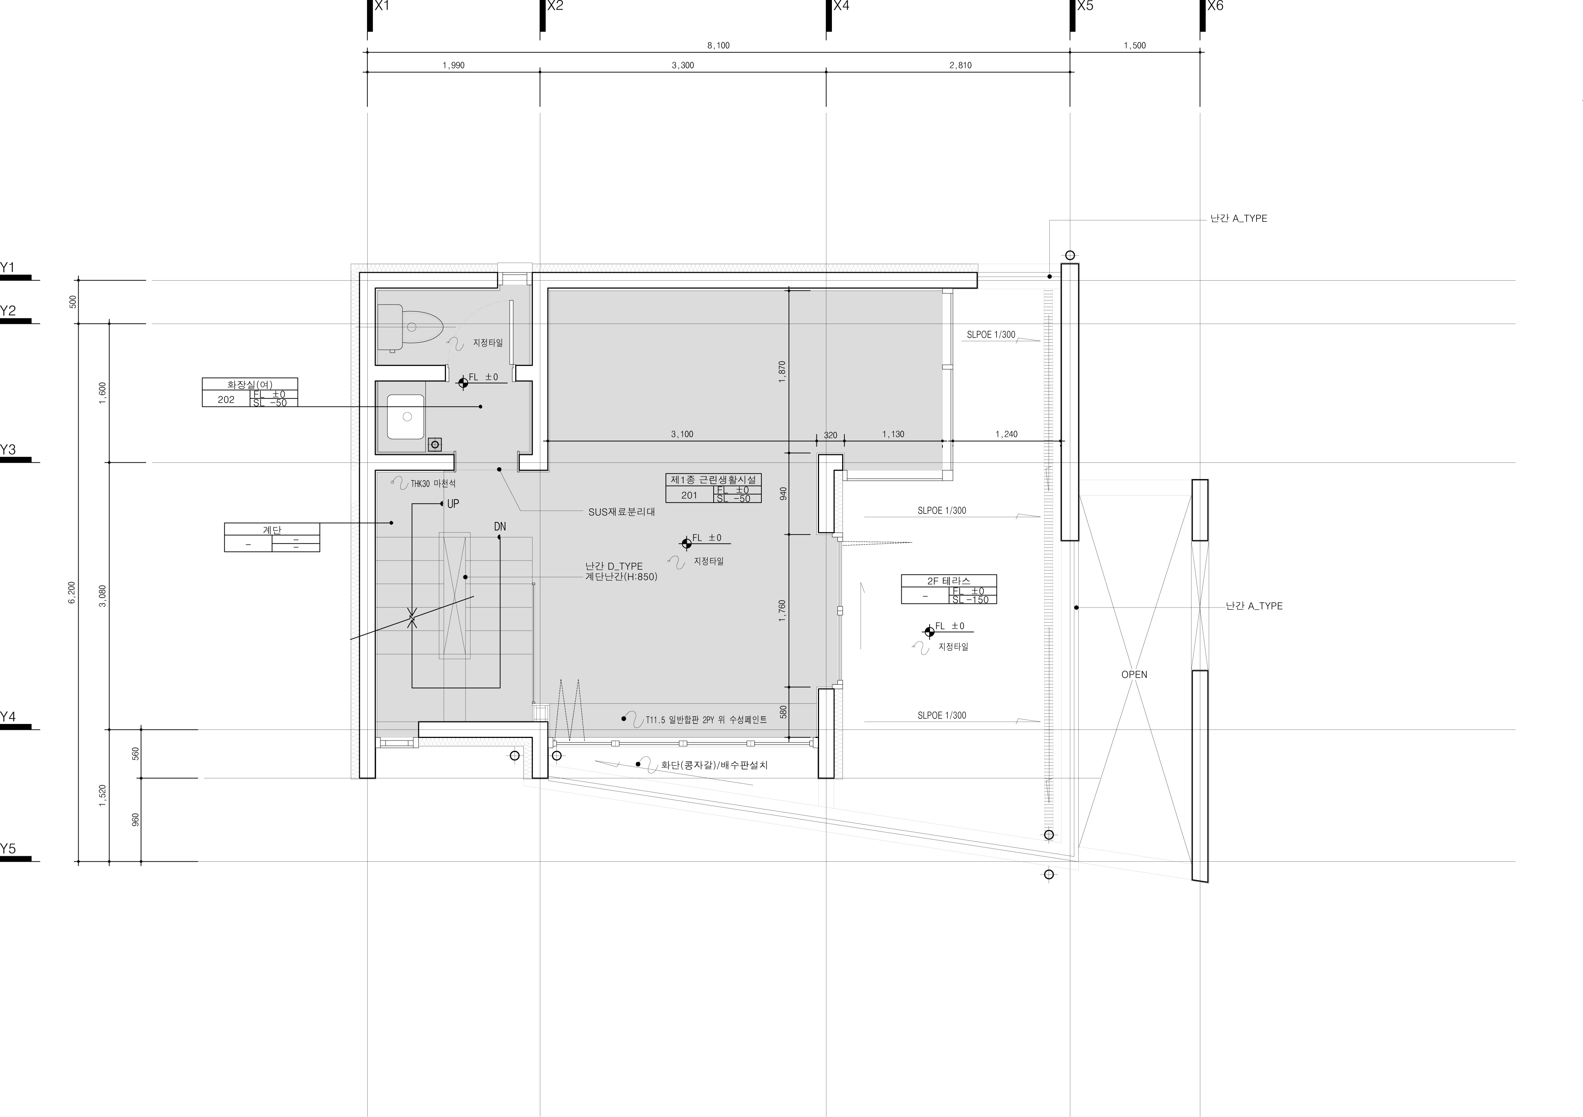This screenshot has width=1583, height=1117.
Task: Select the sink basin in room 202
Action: (406, 417)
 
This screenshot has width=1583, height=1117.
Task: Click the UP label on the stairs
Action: (453, 504)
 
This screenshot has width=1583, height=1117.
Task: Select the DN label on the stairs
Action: (500, 527)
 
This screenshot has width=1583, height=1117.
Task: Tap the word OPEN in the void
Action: (1134, 674)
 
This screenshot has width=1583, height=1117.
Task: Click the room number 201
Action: (689, 495)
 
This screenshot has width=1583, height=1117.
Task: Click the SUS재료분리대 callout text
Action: (621, 512)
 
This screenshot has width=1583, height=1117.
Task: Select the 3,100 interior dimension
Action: (682, 435)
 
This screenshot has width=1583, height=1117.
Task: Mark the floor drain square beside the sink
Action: (434, 444)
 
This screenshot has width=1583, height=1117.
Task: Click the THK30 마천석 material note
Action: (433, 484)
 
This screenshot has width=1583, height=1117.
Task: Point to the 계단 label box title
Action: (272, 530)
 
